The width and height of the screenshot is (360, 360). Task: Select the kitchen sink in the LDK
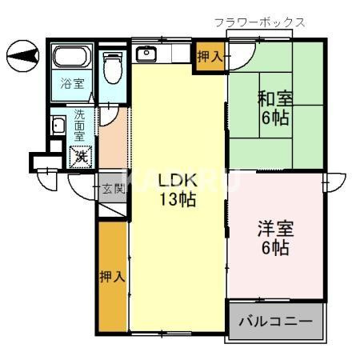147,55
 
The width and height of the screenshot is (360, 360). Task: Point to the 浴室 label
74,82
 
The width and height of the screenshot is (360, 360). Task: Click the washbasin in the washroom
58,126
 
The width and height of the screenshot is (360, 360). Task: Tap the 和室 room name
274,101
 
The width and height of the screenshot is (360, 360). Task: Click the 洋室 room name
274,227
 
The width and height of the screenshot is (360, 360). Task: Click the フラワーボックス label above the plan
259,22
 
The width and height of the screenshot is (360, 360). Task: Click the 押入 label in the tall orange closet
112,277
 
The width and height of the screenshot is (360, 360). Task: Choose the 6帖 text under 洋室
274,247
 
